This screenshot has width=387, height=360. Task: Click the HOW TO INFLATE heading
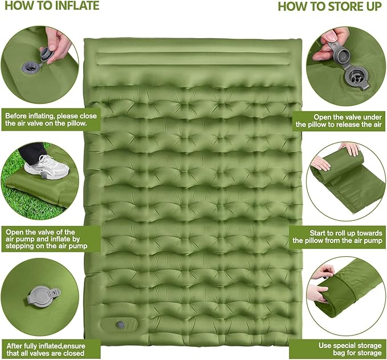pos(52,6)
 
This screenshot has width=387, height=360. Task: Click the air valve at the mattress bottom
pos(121,325)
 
